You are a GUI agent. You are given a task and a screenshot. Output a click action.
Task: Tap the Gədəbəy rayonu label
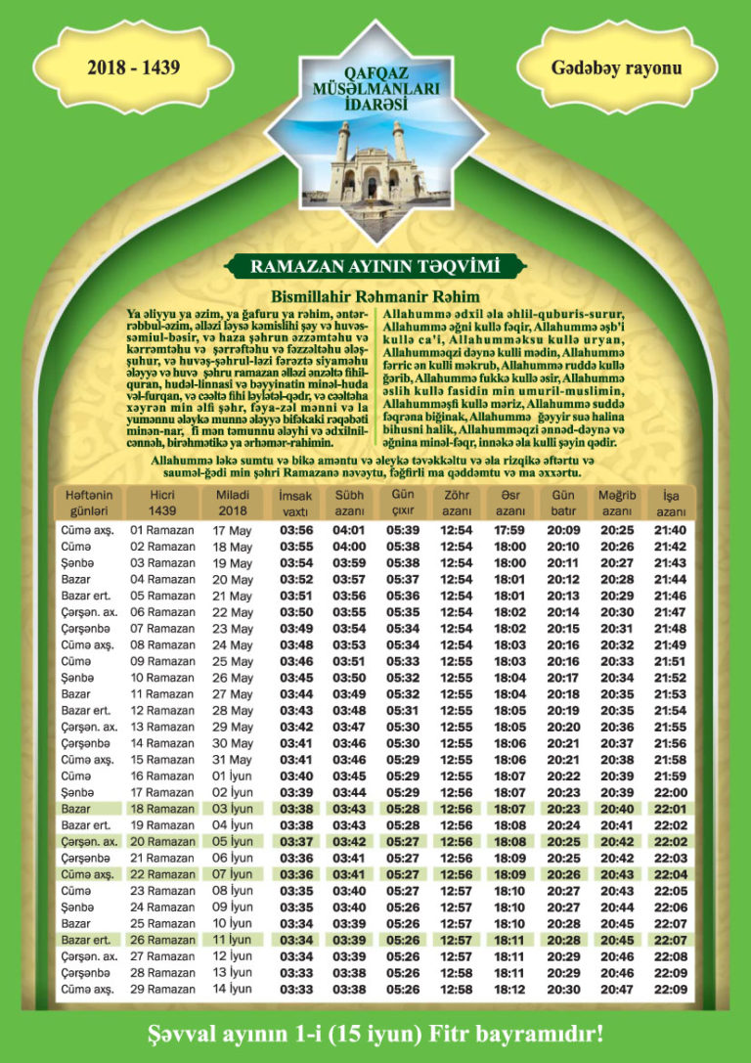coord(616,68)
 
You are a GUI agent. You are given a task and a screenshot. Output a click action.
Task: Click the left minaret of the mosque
coord(341,147)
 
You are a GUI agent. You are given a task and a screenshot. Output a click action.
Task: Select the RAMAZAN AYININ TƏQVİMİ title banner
coord(375,265)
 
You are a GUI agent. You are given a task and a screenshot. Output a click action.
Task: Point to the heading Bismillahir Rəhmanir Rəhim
coord(376,295)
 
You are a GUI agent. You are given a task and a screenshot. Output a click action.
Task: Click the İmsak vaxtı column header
coord(295,503)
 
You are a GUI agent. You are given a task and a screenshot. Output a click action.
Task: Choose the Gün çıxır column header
coord(403,503)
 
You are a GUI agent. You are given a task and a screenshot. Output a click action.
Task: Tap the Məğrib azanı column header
coord(617,503)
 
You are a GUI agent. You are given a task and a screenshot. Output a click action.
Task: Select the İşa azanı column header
coord(671,503)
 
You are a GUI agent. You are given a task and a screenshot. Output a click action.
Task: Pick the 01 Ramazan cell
coord(162,530)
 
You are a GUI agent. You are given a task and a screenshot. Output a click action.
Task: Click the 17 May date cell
coord(232,530)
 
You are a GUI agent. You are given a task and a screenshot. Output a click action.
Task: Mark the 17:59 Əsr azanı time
coord(509,530)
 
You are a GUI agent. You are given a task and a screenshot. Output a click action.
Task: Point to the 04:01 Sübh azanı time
coord(349,530)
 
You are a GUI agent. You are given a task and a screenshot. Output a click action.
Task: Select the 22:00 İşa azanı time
coord(670,792)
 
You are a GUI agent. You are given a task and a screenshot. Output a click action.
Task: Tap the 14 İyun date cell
coord(233,990)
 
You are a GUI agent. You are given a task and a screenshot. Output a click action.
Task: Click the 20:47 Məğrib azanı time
coord(616,990)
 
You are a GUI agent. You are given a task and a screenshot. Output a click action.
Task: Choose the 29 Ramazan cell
coord(162,990)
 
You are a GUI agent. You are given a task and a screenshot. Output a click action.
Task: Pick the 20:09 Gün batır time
coord(563,530)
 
